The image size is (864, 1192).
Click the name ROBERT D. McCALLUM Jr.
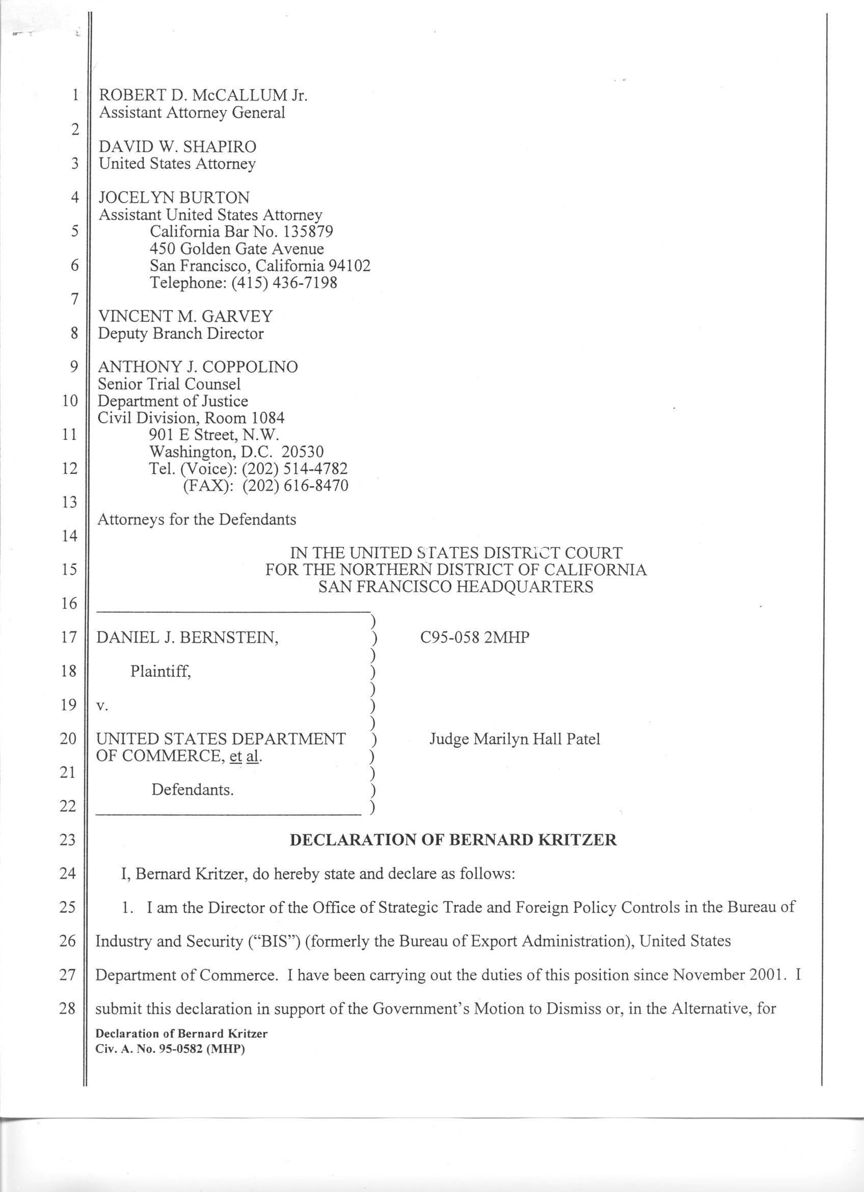[x=203, y=95]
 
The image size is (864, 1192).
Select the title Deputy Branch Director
[x=181, y=333]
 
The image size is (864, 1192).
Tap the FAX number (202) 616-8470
[x=295, y=485]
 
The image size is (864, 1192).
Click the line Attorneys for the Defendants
[x=197, y=519]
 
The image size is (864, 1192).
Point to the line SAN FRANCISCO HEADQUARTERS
[x=455, y=587]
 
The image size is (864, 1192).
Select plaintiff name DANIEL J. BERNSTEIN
[x=187, y=638]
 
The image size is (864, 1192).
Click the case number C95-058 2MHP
[x=475, y=638]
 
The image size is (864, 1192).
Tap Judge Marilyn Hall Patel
[x=515, y=739]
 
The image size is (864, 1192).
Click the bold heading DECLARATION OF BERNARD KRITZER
[x=453, y=839]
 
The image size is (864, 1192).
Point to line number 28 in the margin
[x=67, y=1009]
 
